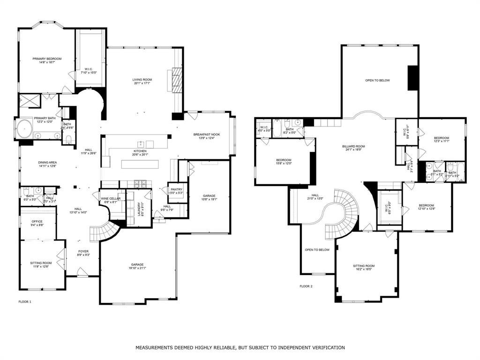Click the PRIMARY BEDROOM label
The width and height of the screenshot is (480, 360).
pos(47,59)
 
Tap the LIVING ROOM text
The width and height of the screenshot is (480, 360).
pos(142,80)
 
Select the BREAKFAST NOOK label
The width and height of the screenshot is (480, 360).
pos(207,135)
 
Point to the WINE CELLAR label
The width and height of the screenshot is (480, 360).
pos(111,199)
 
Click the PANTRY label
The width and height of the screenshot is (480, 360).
pos(176,189)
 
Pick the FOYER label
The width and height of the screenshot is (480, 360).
pos(83,252)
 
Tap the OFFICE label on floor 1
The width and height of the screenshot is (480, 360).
pos(37,222)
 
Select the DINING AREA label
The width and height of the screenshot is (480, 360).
pos(47,163)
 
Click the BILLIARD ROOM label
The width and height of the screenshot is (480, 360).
pos(353,146)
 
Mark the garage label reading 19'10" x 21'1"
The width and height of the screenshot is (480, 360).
pos(137,264)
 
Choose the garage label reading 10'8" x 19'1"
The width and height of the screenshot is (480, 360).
pos(209,196)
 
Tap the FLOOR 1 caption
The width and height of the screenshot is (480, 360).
pos(25,302)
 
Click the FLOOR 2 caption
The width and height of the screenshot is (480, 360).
pos(306,286)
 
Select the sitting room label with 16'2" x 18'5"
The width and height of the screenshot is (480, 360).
pos(364,266)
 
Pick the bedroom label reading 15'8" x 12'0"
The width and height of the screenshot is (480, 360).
pos(284,160)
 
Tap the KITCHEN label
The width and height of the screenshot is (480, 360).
pos(140,151)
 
